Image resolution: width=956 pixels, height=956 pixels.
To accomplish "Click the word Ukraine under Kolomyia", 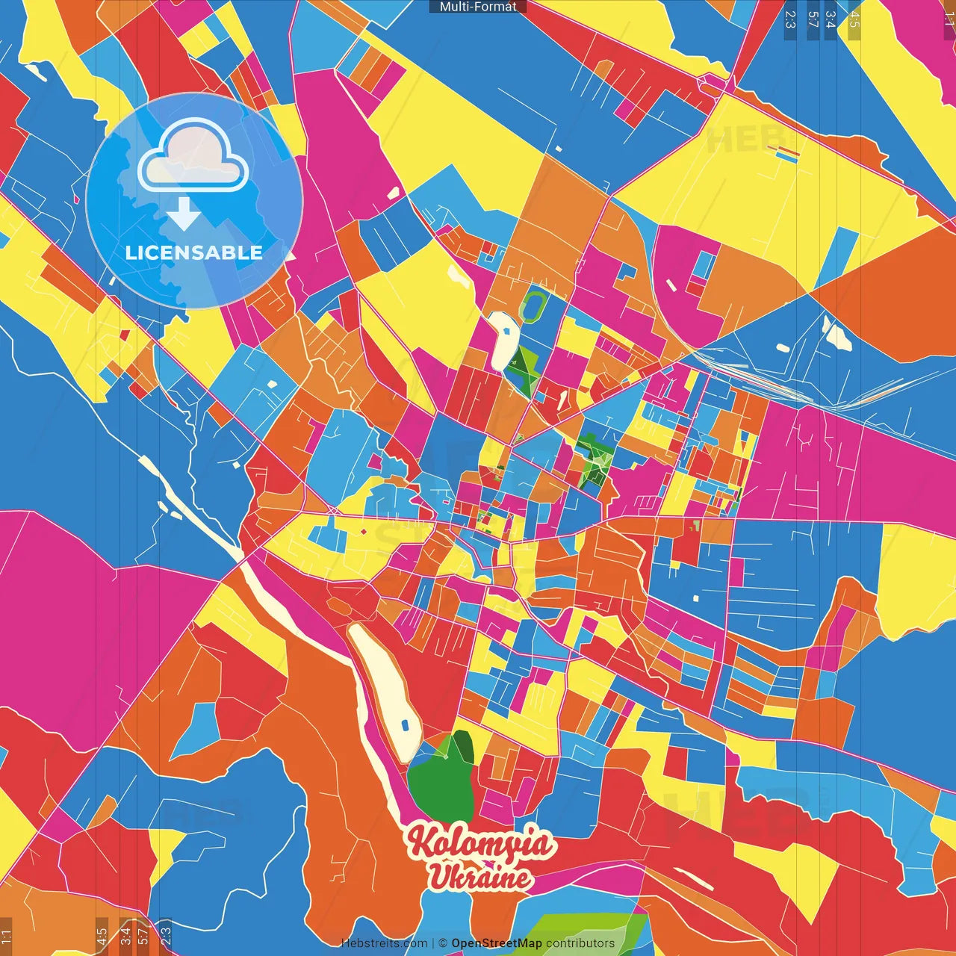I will point(479,877).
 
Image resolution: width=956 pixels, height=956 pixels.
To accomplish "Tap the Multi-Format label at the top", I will point(478,7).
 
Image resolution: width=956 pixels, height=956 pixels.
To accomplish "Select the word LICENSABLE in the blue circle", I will point(194,252).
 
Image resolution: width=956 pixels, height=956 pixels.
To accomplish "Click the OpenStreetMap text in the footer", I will point(497,943).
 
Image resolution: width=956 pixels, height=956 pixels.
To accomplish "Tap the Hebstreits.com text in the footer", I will point(384,943).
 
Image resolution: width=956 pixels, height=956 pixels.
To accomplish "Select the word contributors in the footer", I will point(580,943).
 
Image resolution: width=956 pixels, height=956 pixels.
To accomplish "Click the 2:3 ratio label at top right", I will point(790,19).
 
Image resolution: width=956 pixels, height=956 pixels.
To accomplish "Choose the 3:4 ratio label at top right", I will point(831,19).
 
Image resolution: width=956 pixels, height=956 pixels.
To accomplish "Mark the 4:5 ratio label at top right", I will point(854,19).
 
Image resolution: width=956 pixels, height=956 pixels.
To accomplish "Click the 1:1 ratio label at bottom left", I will point(6,937).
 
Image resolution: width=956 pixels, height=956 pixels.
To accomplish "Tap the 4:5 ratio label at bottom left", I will point(102,937).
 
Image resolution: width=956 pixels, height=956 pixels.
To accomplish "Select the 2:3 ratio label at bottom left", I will point(165,934).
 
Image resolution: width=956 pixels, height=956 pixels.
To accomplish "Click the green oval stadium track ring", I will point(533,307).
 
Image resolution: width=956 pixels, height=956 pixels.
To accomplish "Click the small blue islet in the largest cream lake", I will point(405,724).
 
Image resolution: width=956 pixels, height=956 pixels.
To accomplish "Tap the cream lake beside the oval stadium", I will point(503,340).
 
